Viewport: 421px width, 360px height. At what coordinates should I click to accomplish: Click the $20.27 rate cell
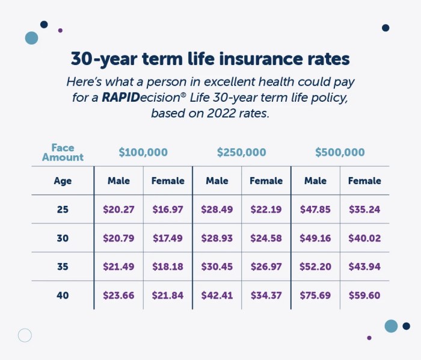(118, 209)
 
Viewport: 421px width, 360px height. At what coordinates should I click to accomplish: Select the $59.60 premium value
(364, 296)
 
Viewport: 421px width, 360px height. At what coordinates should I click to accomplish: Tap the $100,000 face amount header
(143, 153)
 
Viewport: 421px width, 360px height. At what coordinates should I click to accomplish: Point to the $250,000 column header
(241, 153)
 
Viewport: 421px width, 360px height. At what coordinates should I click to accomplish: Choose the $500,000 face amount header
(340, 153)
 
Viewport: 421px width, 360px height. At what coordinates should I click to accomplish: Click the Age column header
(63, 181)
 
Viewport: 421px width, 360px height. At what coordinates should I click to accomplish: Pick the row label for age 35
(63, 267)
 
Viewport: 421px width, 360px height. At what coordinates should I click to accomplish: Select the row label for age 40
(63, 296)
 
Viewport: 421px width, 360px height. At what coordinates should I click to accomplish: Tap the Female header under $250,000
(266, 181)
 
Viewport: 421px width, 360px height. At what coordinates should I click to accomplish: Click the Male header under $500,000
(315, 181)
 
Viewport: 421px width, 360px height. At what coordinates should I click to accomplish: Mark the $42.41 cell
(217, 296)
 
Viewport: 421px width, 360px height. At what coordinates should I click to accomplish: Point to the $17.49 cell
(168, 238)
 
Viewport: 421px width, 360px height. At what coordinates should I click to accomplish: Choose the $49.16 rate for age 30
(315, 238)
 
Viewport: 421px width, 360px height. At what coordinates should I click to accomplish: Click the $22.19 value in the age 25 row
(266, 209)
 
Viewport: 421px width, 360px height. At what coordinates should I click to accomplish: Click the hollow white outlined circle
(25, 335)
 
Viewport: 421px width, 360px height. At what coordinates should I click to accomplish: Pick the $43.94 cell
(364, 267)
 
